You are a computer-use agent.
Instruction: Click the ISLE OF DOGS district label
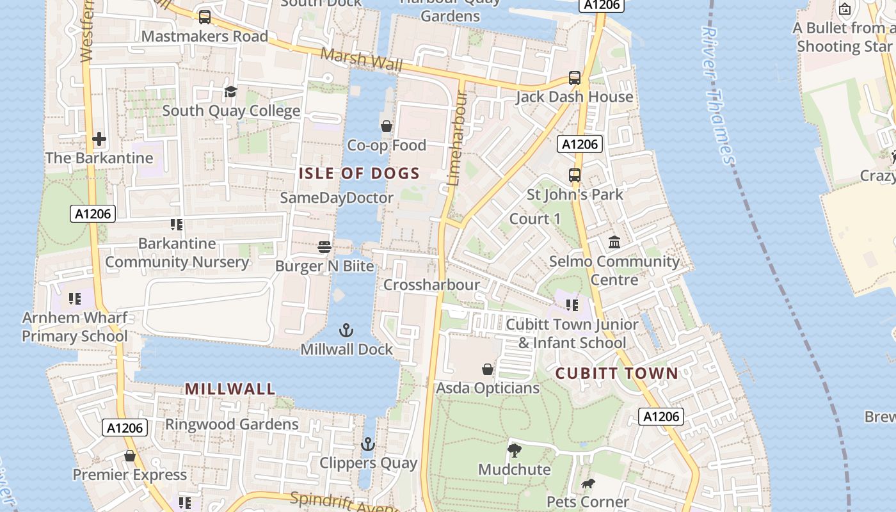(359, 173)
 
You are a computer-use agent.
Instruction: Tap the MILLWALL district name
(230, 388)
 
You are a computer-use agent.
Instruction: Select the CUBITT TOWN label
(616, 373)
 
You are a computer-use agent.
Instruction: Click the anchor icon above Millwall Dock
(346, 330)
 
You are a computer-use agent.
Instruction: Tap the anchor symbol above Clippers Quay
(367, 444)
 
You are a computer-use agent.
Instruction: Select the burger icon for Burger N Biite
(324, 247)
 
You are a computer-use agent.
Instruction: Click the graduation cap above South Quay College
(230, 92)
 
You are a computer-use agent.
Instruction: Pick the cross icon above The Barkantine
(99, 139)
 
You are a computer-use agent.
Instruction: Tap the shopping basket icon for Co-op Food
(386, 126)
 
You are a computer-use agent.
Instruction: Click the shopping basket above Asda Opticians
(488, 369)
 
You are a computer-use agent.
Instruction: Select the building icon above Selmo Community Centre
(614, 242)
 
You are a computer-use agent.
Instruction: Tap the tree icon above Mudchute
(514, 451)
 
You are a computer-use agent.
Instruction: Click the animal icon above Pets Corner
(588, 483)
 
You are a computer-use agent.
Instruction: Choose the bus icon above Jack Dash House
(575, 78)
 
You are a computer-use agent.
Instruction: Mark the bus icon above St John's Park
(575, 175)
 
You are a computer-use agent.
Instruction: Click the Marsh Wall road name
(362, 60)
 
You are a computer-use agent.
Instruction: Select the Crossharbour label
(431, 285)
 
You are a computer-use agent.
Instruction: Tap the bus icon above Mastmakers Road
(205, 17)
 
